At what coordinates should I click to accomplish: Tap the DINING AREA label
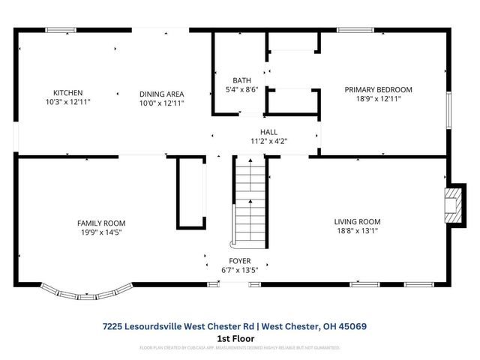point(161,94)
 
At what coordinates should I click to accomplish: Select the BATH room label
point(241,79)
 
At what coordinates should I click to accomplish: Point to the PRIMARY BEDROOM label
point(378,89)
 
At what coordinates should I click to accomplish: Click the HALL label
point(268,131)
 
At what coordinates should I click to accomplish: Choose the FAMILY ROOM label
point(101,223)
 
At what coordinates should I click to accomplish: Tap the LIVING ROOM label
point(357,221)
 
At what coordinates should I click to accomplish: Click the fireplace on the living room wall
point(453,204)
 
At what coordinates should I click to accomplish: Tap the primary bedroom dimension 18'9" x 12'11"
point(378,99)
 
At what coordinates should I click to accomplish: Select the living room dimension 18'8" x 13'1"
point(357,231)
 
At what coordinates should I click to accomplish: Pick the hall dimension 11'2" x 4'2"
point(268,140)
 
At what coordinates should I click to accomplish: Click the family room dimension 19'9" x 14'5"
point(101,232)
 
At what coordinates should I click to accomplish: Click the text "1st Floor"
point(234,338)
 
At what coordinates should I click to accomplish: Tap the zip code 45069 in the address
point(352,326)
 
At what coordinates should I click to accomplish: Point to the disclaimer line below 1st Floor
point(240,348)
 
